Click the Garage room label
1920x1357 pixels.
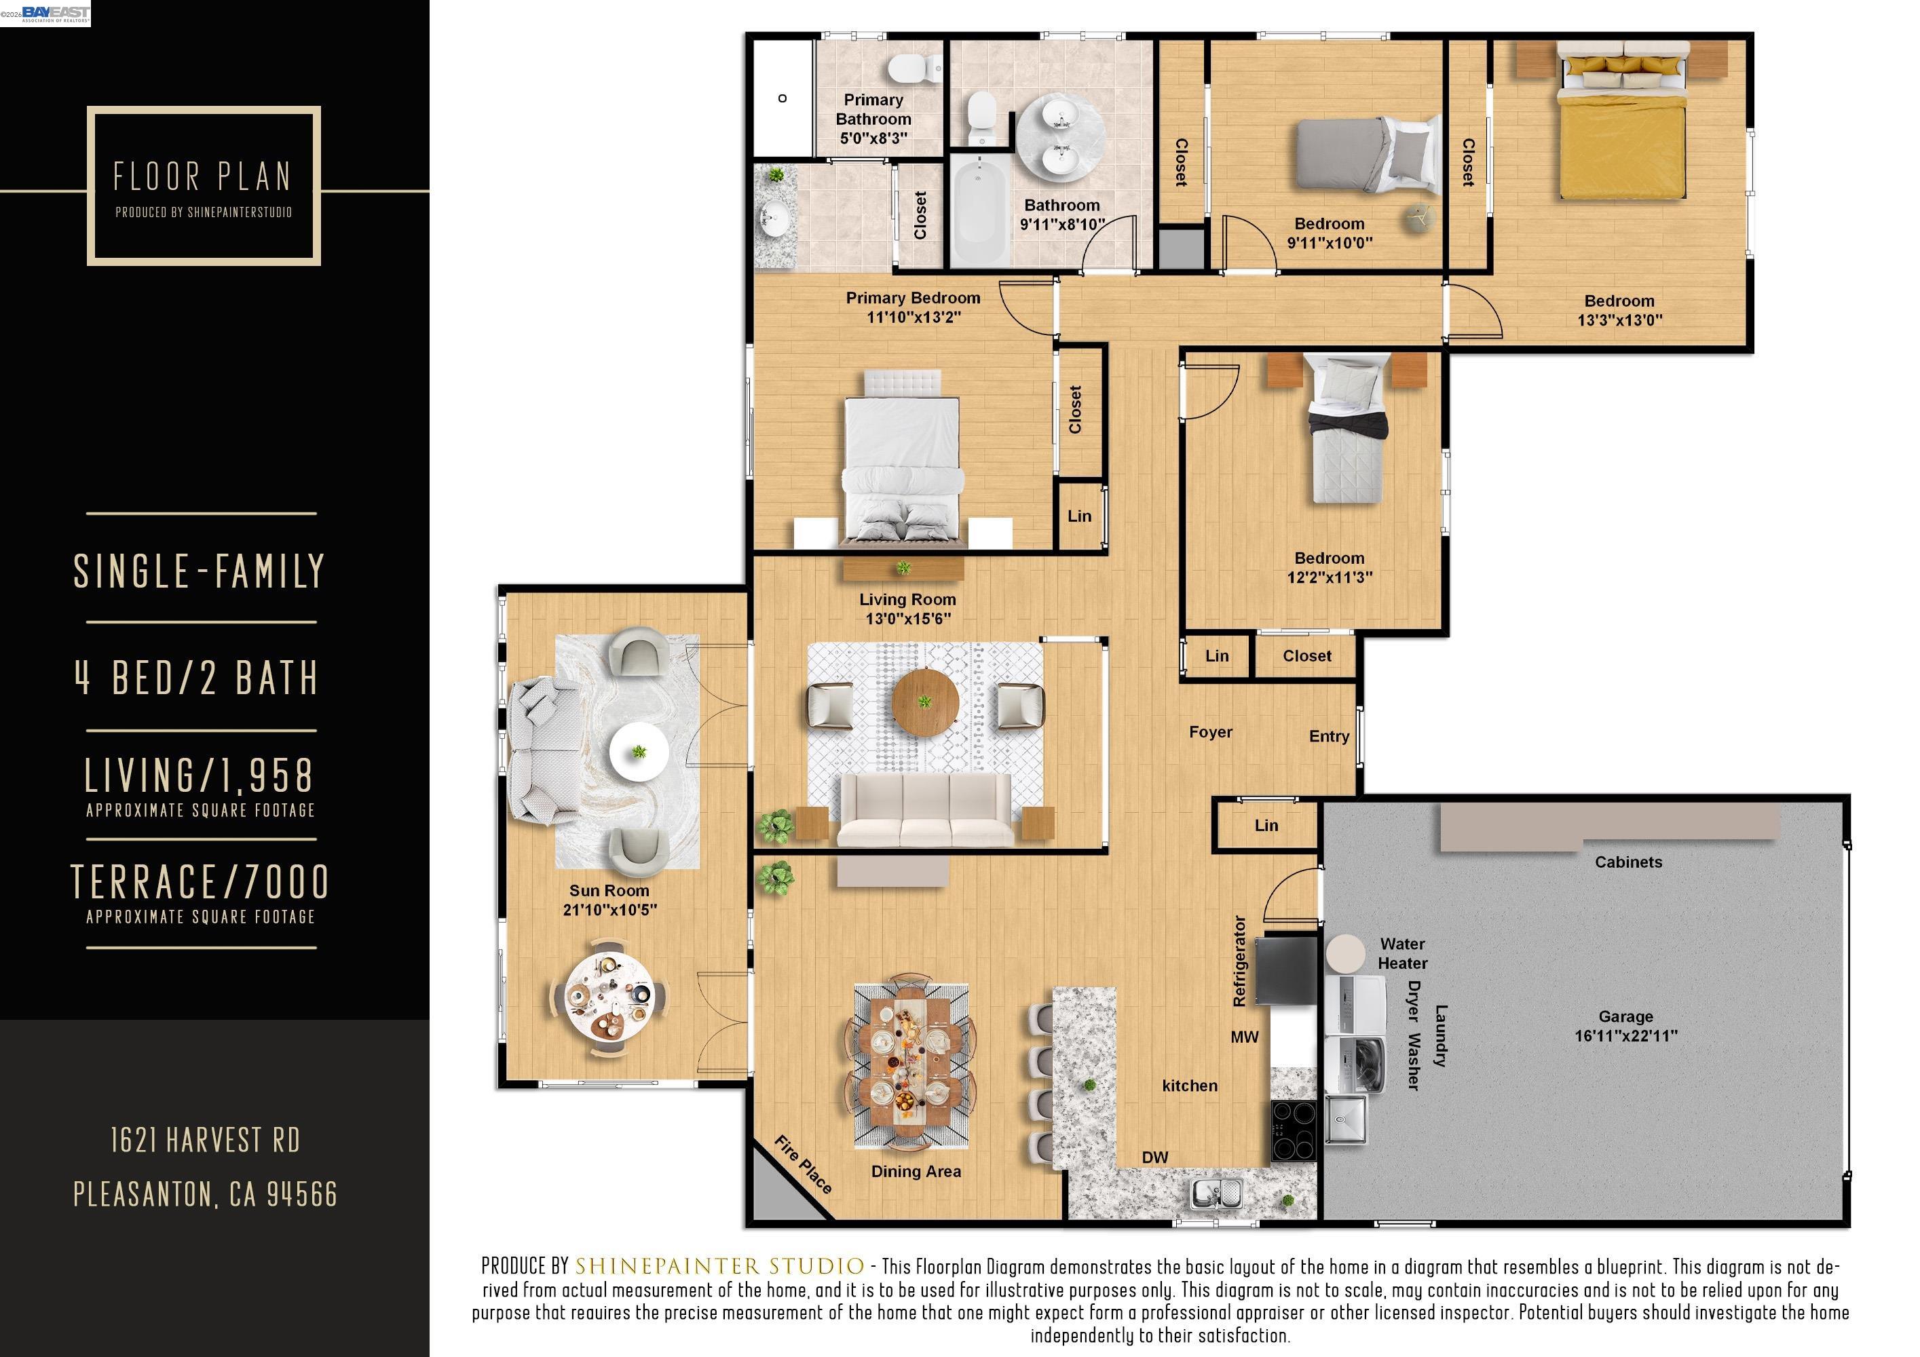tap(1625, 1016)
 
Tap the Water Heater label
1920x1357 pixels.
tap(1402, 953)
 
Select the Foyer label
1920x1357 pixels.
tap(1210, 731)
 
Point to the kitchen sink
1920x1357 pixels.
tap(1217, 1192)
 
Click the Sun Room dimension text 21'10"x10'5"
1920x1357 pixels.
tap(609, 910)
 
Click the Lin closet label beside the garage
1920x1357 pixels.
tap(1266, 825)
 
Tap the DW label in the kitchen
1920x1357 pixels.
tap(1155, 1157)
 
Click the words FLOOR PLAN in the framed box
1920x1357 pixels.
tap(203, 176)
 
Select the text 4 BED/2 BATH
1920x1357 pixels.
tap(198, 677)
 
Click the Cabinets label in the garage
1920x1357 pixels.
tap(1627, 862)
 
